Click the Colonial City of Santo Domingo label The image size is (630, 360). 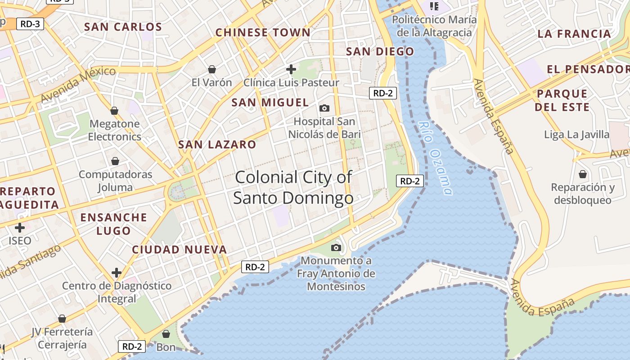tap(293, 187)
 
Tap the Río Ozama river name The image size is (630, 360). tap(434, 157)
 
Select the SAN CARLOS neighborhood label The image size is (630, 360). tap(123, 27)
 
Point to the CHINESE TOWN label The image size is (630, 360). tap(263, 32)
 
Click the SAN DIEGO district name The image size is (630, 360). tap(380, 51)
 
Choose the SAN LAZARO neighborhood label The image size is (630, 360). tap(217, 144)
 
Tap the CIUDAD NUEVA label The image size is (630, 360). tap(179, 249)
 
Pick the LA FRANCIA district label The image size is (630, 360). tap(574, 34)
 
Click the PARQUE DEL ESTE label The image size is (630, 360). tap(562, 100)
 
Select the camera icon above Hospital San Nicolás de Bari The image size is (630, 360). tap(324, 108)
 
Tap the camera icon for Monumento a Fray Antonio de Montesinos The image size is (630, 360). tap(336, 247)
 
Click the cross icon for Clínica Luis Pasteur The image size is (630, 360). tap(291, 69)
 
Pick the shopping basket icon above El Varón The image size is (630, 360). tap(211, 69)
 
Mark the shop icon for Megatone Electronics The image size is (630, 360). tap(114, 111)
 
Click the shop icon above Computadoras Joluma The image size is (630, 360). tap(115, 161)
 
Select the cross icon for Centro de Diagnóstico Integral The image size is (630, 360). tap(117, 273)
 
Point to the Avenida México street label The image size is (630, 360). tap(78, 84)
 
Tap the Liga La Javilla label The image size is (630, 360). tap(576, 135)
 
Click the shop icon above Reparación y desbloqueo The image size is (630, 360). tap(583, 174)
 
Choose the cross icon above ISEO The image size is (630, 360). tap(20, 228)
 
